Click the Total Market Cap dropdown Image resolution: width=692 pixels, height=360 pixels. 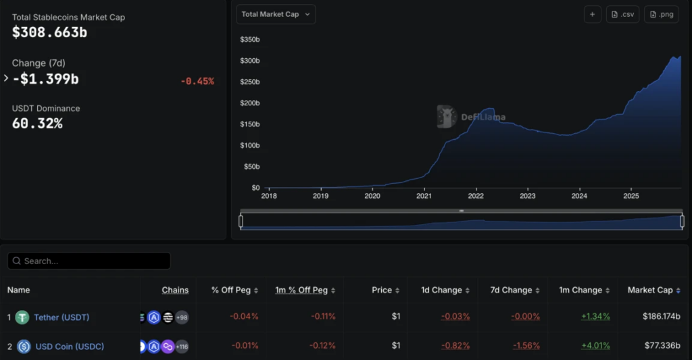[x=276, y=14]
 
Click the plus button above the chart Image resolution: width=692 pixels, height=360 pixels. [x=592, y=14]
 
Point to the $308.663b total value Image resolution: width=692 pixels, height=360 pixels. [x=49, y=32]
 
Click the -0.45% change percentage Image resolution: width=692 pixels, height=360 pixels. [x=197, y=81]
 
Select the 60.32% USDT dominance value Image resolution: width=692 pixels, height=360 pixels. [x=37, y=124]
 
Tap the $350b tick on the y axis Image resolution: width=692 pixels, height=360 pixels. [x=250, y=40]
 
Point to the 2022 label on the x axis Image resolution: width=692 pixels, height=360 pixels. [x=476, y=197]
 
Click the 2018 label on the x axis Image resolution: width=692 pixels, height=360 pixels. [x=268, y=197]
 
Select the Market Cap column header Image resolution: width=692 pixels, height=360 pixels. [x=650, y=290]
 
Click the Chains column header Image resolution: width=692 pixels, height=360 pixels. [x=175, y=290]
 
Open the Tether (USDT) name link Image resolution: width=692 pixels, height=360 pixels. [x=61, y=317]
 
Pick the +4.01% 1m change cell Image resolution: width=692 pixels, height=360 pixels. [x=595, y=346]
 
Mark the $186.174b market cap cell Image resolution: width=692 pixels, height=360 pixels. [x=661, y=317]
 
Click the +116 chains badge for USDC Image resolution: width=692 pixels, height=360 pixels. [x=182, y=346]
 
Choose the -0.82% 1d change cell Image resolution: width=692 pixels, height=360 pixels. [x=455, y=346]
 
